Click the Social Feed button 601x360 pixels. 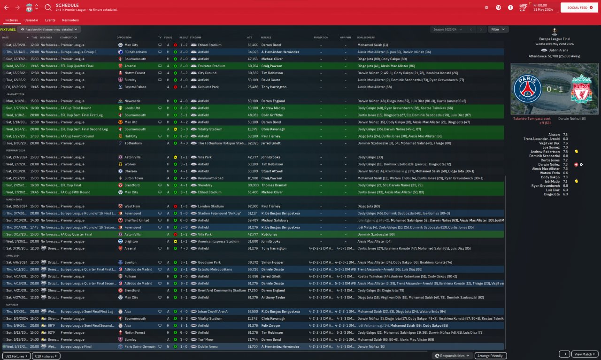pyautogui.click(x=579, y=8)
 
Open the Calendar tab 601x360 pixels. pyautogui.click(x=31, y=20)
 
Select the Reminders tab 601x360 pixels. pyautogui.click(x=70, y=20)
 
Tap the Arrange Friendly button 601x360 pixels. pyautogui.click(x=491, y=356)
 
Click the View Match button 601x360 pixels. pyautogui.click(x=585, y=354)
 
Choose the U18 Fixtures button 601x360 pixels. pyautogui.click(x=46, y=356)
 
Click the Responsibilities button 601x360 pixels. pyautogui.click(x=453, y=356)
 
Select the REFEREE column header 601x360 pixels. pyautogui.click(x=266, y=37)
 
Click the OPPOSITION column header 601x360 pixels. pyautogui.click(x=124, y=37)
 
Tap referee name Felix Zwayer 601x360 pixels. pyautogui.click(x=270, y=325)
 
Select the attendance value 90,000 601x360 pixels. pyautogui.click(x=253, y=185)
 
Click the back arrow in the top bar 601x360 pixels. pyautogui.click(x=7, y=8)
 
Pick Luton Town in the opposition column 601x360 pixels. pyautogui.click(x=134, y=178)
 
